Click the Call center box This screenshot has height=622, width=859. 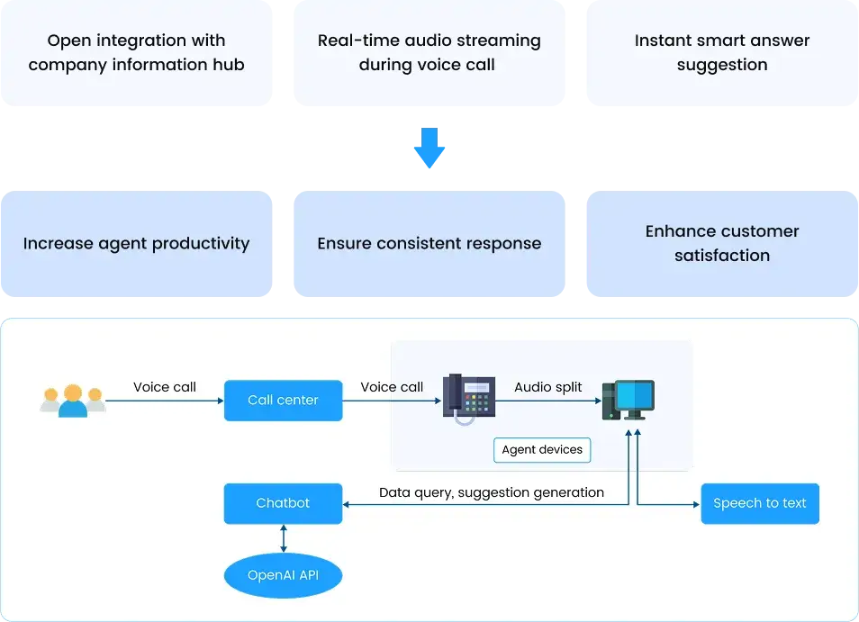point(283,400)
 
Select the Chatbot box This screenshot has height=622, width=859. point(283,503)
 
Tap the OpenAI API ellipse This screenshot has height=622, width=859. point(283,574)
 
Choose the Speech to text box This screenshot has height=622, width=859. point(759,503)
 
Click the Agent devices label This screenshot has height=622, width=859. point(542,450)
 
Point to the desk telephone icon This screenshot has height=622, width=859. point(468,398)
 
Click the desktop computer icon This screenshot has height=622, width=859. point(628,400)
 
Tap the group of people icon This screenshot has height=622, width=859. point(73,401)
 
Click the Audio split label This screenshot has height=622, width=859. point(548,387)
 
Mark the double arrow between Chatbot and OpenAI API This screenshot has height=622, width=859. point(284,538)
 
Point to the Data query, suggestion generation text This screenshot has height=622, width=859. point(492,492)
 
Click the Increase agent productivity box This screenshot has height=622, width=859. point(137,244)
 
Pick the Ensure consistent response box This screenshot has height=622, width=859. point(429,244)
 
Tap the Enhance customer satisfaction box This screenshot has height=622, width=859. point(722,244)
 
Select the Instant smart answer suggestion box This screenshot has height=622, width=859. point(722,53)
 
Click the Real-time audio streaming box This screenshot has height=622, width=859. point(429,53)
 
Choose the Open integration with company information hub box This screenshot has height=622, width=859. point(137,53)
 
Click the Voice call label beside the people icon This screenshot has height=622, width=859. point(165,387)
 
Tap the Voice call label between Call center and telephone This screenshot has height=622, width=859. point(392,387)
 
